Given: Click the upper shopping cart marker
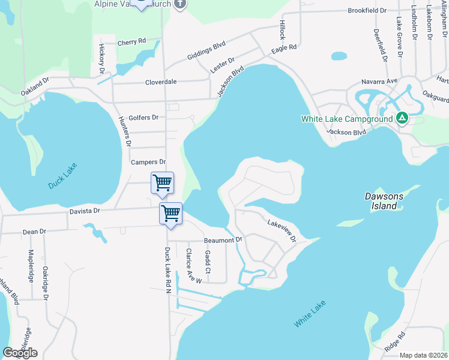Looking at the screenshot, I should [163, 182].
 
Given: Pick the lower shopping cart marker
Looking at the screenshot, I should [171, 212].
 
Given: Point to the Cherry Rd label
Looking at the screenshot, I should [132, 42].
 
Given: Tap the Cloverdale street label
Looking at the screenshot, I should [161, 82].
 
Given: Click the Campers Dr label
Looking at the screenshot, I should [148, 162].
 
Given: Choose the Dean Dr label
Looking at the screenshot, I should [34, 231].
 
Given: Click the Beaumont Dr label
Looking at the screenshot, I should [223, 240].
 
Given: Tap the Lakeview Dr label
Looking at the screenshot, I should [282, 230].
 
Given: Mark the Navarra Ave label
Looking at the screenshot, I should [379, 81].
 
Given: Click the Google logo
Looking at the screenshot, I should [20, 353].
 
